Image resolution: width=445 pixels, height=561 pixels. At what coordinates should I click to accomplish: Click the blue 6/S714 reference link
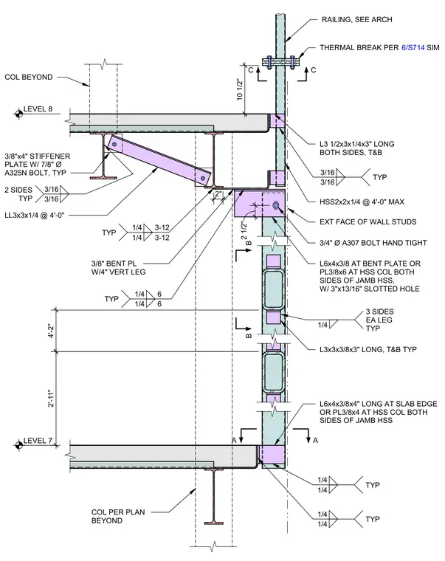(x=413, y=47)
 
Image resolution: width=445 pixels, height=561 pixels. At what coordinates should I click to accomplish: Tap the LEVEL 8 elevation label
(x=38, y=109)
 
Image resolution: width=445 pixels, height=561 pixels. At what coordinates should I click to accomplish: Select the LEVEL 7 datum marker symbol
(x=18, y=445)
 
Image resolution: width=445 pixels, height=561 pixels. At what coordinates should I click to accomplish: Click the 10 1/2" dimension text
(x=240, y=89)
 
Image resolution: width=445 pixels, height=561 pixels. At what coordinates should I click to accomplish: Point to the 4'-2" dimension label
(x=51, y=331)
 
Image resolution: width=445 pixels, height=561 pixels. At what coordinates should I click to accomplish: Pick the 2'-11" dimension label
(x=51, y=398)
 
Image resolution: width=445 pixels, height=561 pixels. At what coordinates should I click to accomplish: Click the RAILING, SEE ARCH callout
(x=356, y=20)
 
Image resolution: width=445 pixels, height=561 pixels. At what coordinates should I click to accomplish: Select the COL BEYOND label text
(x=29, y=77)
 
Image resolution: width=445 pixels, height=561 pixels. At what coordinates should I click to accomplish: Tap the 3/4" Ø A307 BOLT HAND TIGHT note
(x=373, y=243)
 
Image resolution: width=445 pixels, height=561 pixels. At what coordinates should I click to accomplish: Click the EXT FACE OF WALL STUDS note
(x=368, y=222)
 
